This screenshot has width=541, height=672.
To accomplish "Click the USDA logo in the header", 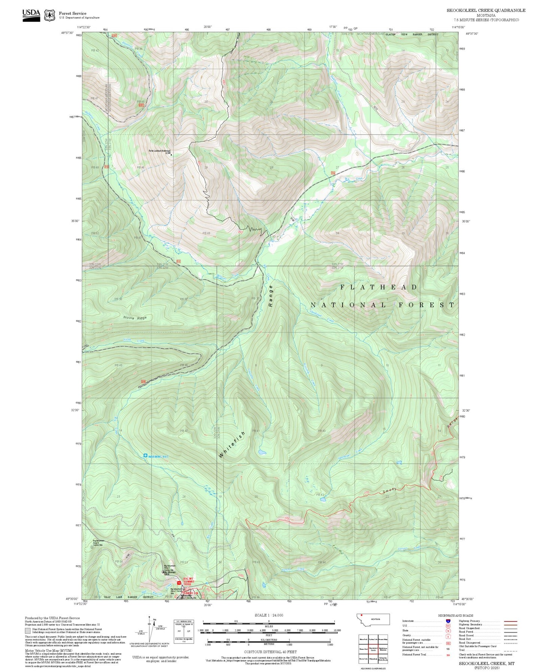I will (31, 15).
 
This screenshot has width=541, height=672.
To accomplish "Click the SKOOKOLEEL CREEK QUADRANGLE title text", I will (486, 10).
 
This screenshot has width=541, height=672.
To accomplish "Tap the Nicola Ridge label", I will (135, 318).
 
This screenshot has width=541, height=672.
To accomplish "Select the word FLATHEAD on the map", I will (379, 287).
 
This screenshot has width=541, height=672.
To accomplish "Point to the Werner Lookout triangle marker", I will (171, 154).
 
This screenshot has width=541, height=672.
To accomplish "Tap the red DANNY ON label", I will (190, 593).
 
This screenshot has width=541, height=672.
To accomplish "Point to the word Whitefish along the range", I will (232, 445).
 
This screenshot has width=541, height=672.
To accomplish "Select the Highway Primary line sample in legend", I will (510, 621).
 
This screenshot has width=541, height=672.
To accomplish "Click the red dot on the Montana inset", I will (362, 615).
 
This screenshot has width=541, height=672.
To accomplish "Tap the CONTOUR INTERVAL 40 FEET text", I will (269, 651).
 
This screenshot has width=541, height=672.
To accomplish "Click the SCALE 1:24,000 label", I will (268, 615).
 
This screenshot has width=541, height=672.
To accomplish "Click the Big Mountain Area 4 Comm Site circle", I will (92, 547).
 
